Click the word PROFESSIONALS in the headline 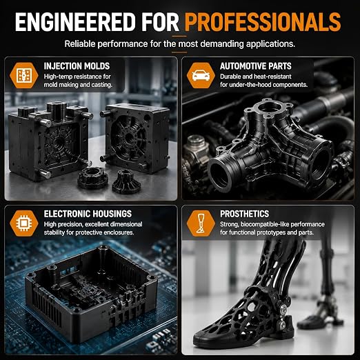[263, 21]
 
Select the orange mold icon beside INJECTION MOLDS [24, 76]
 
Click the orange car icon [201, 76]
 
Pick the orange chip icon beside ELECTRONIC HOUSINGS [24, 223]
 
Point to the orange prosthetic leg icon [201, 223]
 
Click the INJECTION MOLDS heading [77, 66]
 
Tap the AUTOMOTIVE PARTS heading [256, 66]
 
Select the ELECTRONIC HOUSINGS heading [88, 214]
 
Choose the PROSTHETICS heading [244, 214]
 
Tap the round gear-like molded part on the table [92, 177]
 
